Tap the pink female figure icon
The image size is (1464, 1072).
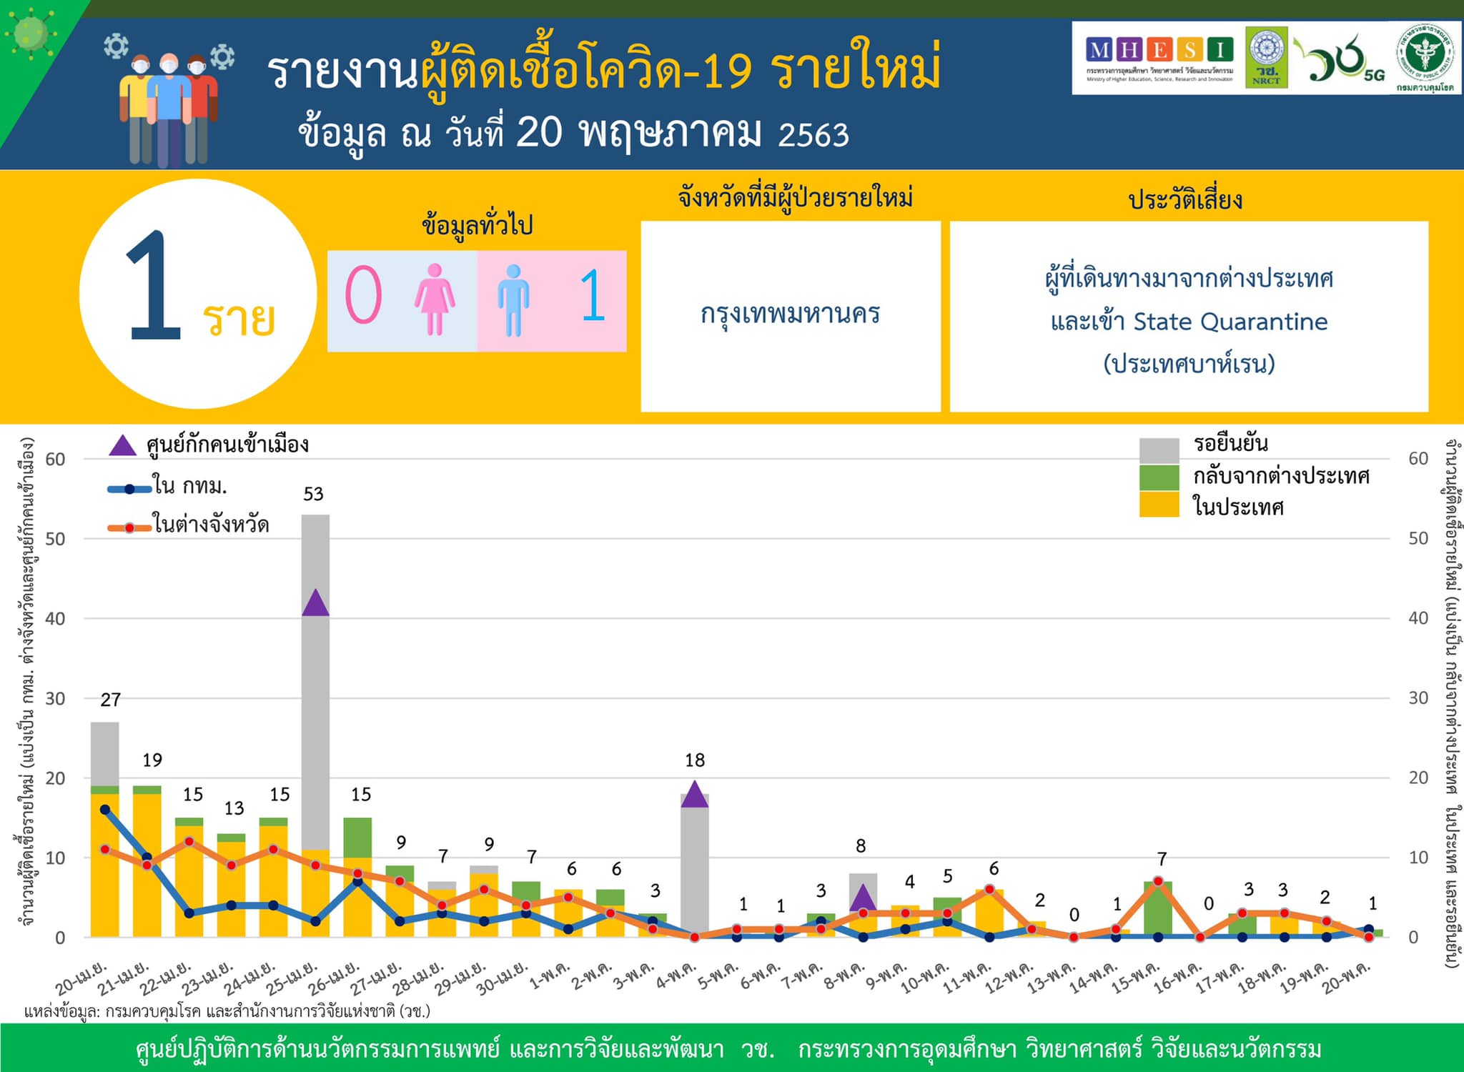(434, 299)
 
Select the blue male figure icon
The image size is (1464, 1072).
(513, 300)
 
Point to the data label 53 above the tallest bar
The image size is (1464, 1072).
(313, 494)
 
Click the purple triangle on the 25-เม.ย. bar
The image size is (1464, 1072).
(315, 604)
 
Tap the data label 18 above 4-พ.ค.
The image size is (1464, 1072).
(694, 760)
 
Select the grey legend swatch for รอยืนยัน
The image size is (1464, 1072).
(1158, 450)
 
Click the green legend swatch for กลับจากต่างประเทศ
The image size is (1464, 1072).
(1158, 477)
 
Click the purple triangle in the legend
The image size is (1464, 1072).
(122, 446)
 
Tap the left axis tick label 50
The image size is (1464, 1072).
(55, 539)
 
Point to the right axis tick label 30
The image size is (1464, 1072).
(1418, 698)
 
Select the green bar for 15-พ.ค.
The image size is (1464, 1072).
(1157, 909)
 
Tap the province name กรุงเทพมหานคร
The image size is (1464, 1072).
(790, 314)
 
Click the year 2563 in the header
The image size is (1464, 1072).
(813, 135)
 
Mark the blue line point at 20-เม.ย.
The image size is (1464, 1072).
(105, 810)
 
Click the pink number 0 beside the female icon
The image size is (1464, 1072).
(363, 296)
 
